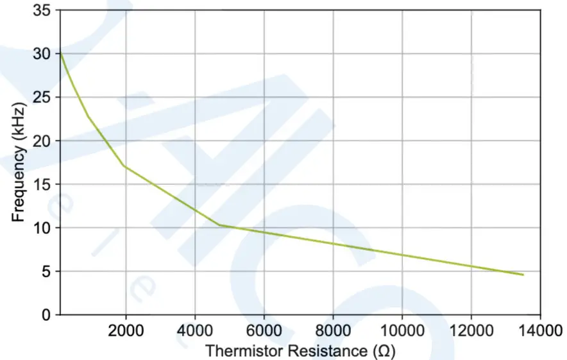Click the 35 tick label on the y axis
pos(43,10)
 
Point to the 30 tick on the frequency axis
pos(43,54)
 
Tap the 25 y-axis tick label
pos(43,98)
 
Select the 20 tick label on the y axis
pos(43,141)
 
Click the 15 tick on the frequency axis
pos(43,185)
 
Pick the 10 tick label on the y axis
pos(43,228)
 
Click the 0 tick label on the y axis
pos(47,315)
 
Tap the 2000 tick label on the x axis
pos(126,330)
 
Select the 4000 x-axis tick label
pos(195,330)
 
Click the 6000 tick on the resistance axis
pos(264,330)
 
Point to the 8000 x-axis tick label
pos(333,330)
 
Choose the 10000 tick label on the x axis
pos(402,330)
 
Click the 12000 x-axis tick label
pos(471,330)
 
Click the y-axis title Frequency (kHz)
pos(19,164)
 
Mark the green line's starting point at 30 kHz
pos(60,53)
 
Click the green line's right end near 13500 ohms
pos(523,275)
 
